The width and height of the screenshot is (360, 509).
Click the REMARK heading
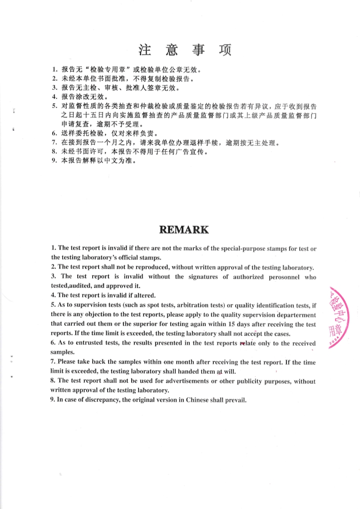point(184,230)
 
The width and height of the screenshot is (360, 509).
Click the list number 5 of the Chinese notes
point(54,106)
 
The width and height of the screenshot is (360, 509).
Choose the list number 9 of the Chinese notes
point(54,161)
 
